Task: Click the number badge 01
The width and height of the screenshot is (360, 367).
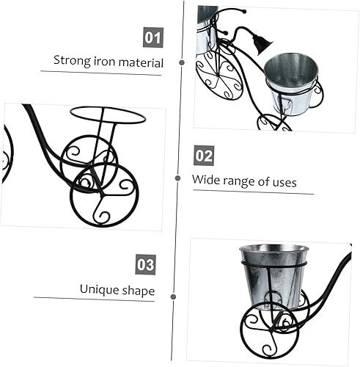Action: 153,37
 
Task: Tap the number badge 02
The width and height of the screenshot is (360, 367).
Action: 204,156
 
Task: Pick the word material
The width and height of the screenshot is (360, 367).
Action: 142,62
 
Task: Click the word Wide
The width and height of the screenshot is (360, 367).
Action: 206,179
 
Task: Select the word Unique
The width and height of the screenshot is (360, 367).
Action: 98,288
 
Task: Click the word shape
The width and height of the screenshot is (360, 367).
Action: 138,290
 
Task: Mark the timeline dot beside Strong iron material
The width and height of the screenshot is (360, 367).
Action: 182,63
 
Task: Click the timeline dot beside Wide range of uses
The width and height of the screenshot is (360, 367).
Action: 177,178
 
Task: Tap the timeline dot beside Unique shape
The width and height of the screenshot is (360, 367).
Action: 173,296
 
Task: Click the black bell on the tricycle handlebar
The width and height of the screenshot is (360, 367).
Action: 257,45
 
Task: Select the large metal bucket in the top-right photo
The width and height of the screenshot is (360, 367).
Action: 290,82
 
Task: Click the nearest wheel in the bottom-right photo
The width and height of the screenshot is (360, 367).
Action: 271,330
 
